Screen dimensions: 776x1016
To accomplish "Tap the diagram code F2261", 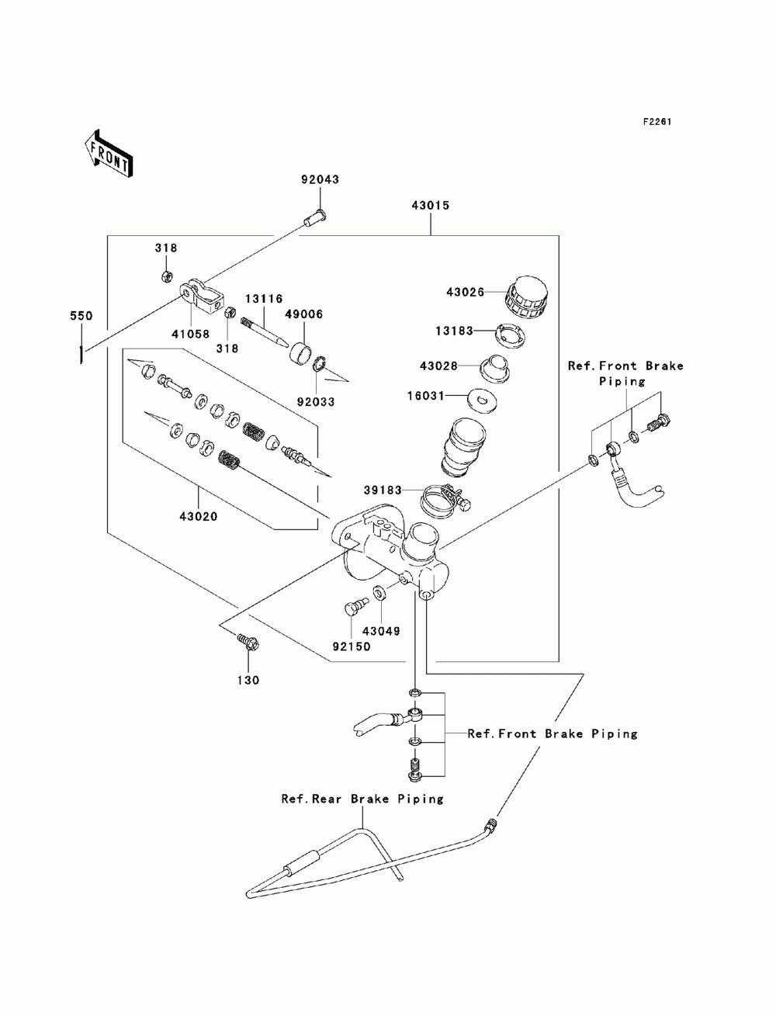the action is click(x=657, y=122).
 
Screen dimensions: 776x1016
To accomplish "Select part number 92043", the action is click(x=320, y=179).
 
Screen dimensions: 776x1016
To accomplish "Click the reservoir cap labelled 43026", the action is click(x=527, y=297).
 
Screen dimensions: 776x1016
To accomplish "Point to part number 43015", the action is click(x=431, y=205).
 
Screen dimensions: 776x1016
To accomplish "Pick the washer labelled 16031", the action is click(x=483, y=400).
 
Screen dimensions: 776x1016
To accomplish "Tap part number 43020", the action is click(x=199, y=516).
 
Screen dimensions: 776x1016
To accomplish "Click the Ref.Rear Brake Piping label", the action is click(x=362, y=799).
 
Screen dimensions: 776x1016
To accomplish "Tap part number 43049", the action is click(x=381, y=631).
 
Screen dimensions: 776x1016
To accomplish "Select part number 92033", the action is click(x=316, y=402).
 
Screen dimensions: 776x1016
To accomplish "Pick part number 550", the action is click(x=81, y=316).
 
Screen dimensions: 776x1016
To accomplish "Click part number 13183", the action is click(x=454, y=331).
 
